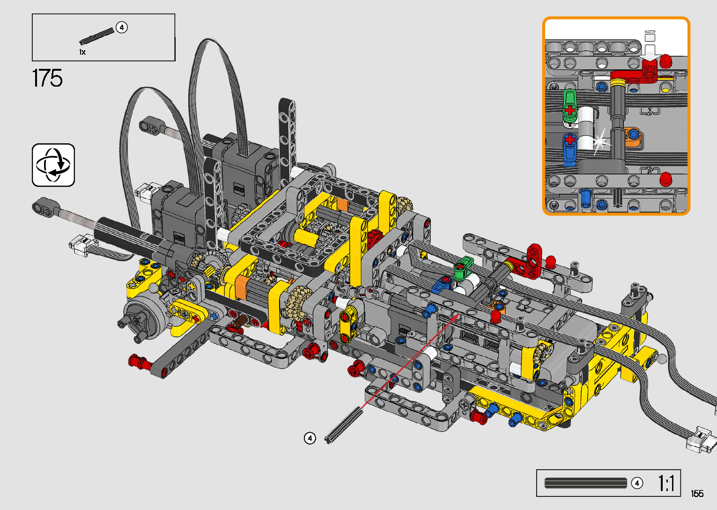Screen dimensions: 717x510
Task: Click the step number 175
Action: [47, 78]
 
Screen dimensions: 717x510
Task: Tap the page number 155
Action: [697, 493]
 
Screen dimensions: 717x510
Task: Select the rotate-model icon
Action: [53, 165]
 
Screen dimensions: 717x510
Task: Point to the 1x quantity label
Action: [82, 52]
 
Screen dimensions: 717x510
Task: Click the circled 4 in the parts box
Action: [122, 28]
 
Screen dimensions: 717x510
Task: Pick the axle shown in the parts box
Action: [96, 37]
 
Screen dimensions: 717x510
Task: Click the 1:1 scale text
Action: [666, 483]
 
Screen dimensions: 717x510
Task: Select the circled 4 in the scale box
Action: [637, 483]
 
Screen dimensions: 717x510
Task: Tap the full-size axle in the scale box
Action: [585, 483]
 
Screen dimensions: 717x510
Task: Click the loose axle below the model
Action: [344, 425]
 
